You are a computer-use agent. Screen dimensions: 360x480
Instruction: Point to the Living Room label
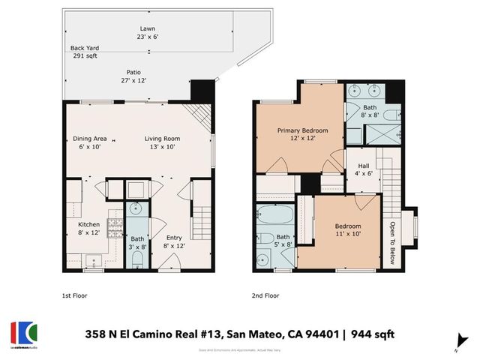pyautogui.click(x=162, y=142)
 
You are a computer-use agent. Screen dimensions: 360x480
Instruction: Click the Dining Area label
pyautogui.click(x=89, y=142)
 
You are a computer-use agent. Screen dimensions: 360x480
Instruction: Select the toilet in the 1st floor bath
pyautogui.click(x=136, y=259)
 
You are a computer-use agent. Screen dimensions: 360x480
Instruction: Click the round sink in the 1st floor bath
pyautogui.click(x=136, y=208)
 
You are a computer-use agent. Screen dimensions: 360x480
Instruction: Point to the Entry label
pyautogui.click(x=173, y=241)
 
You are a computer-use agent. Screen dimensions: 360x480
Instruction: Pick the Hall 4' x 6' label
pyautogui.click(x=362, y=169)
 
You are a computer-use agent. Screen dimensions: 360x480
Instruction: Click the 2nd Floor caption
pyautogui.click(x=264, y=295)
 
